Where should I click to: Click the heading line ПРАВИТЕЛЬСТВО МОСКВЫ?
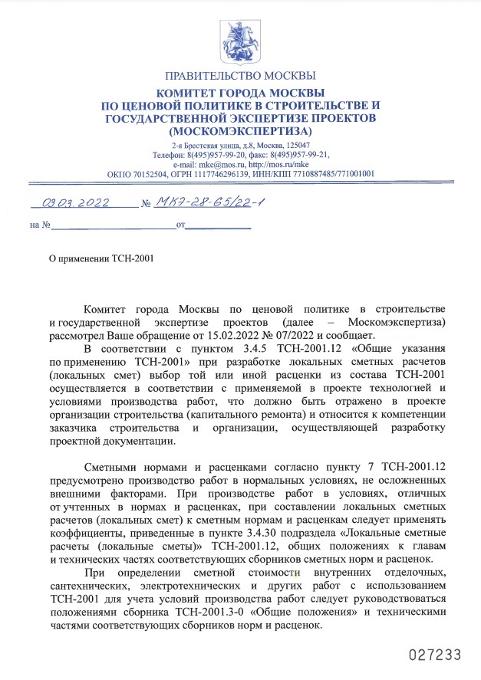tap(240, 76)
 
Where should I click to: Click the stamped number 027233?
tap(435, 655)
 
